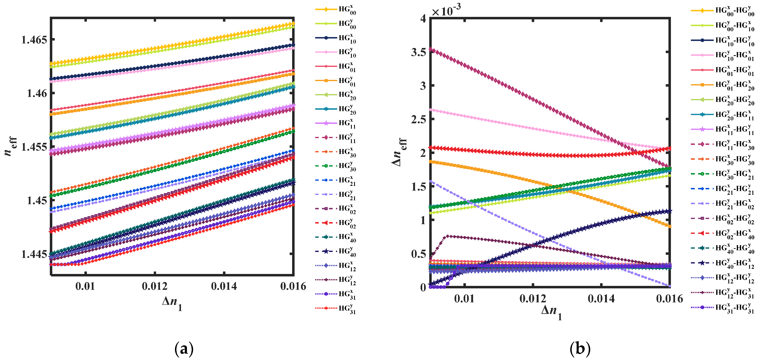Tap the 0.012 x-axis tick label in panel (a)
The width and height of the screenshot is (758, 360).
pyautogui.click(x=154, y=286)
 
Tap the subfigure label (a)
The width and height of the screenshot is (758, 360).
pyautogui.click(x=184, y=349)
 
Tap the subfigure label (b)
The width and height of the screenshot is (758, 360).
pyautogui.click(x=580, y=349)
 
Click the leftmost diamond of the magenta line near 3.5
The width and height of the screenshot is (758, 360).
pyautogui.click(x=431, y=50)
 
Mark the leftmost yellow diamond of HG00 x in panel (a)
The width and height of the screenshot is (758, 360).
pyautogui.click(x=51, y=64)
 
